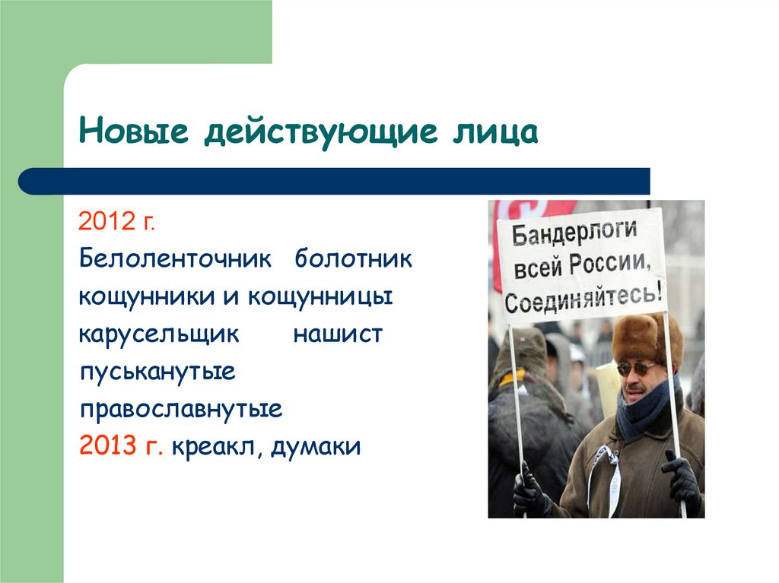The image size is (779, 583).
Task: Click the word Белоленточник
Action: (x=175, y=258)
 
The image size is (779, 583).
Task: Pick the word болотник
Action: (x=354, y=258)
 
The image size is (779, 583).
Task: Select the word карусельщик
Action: (x=159, y=334)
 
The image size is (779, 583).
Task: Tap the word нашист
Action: (x=338, y=334)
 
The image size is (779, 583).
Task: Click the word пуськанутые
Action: (x=157, y=372)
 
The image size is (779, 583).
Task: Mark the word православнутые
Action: (x=181, y=410)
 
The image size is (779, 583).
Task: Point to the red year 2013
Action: (x=106, y=447)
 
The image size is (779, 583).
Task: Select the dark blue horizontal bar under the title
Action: (x=335, y=181)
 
